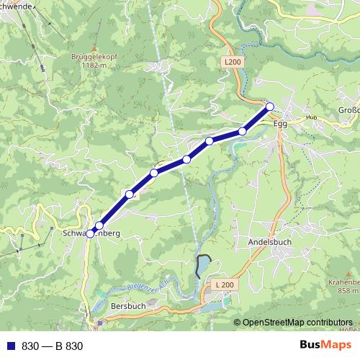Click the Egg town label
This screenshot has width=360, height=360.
coord(281,124)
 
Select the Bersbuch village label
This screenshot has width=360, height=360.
coord(128,306)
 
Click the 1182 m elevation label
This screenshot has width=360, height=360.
coord(93,65)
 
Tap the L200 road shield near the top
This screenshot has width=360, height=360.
coord(232,63)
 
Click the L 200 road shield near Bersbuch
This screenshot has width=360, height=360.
coord(225,286)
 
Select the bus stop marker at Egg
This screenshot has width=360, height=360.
coord(270,107)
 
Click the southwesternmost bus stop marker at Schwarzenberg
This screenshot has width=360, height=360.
coord(90,233)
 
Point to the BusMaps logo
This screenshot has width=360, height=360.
coord(325,346)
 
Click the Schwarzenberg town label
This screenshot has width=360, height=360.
coord(91,235)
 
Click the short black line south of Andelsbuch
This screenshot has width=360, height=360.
coord(202,265)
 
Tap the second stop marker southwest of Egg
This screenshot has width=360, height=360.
coord(209,141)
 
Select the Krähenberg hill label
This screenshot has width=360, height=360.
coord(343,282)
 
